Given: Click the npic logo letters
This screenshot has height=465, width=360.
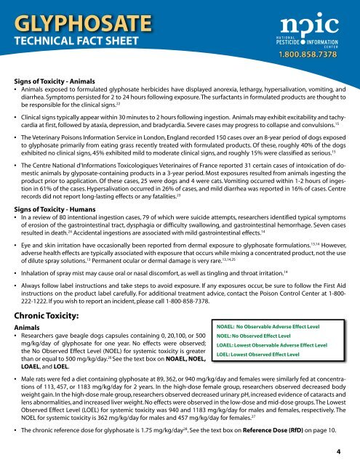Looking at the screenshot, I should pyautogui.click(x=307, y=21).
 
